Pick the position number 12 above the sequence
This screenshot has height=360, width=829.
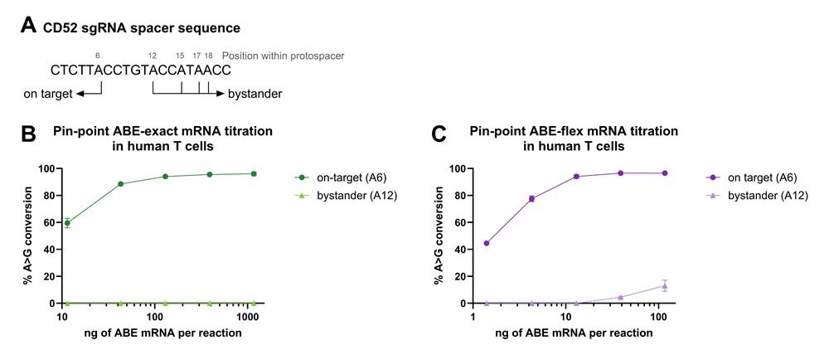tap(153, 56)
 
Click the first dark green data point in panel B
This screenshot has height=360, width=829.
tap(67, 222)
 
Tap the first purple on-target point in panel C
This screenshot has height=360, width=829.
tap(486, 243)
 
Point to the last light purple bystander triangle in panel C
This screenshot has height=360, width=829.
tap(664, 285)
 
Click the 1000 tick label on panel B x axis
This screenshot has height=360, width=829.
tap(246, 318)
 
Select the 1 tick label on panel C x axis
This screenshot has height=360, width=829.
tap(473, 318)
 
